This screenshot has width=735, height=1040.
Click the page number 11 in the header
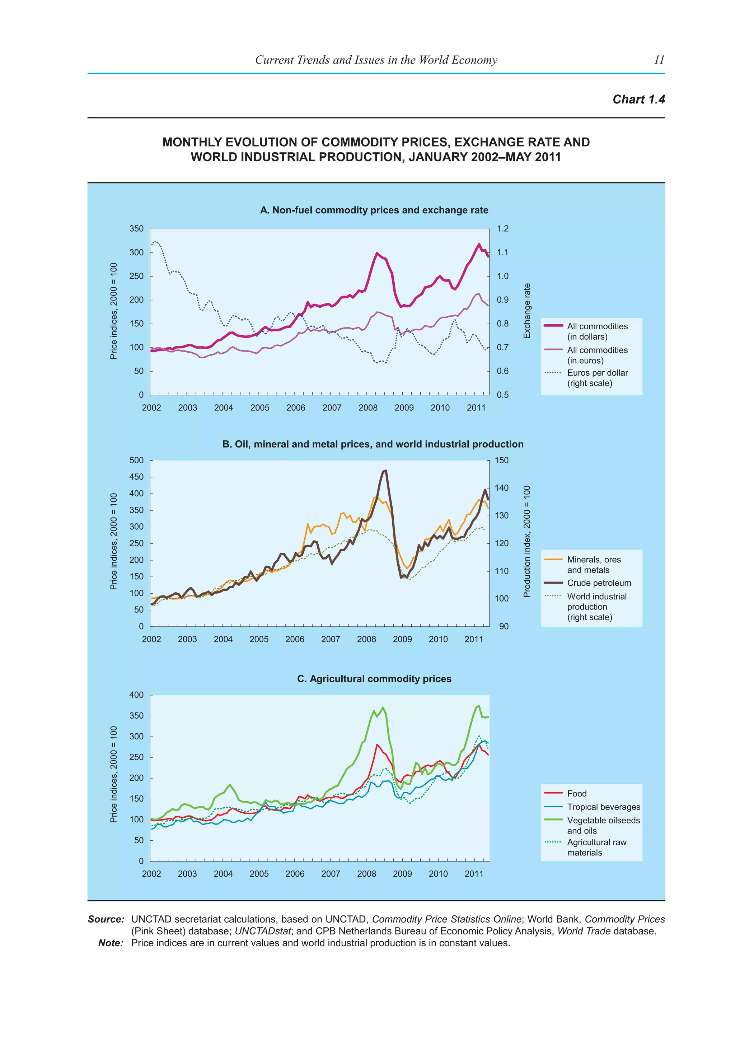659,60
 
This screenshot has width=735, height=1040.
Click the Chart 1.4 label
638,99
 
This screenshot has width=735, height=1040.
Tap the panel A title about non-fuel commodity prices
374,210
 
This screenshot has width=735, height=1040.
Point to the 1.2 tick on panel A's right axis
502,229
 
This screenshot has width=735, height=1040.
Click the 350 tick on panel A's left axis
137,229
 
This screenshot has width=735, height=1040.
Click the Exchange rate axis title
526,311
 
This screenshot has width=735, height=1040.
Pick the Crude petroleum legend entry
598,583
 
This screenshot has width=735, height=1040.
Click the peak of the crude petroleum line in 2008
385,471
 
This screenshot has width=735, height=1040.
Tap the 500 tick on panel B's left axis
137,460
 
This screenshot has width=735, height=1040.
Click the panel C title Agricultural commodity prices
374,678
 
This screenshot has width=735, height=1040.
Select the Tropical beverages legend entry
603,807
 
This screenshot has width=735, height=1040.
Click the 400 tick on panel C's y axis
137,695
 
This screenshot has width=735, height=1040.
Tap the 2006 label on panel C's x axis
295,874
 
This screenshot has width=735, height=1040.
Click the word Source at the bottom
106,919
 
